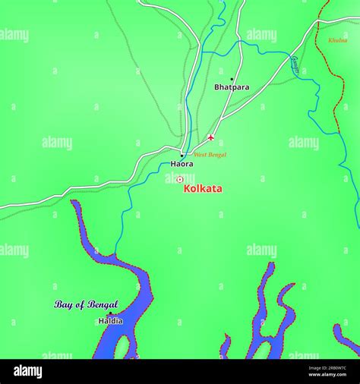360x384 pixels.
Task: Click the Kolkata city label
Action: (x=203, y=188)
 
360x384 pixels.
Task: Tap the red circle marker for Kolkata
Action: (x=180, y=180)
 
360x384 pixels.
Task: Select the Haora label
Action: (x=182, y=164)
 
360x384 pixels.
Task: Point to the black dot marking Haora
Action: (x=182, y=156)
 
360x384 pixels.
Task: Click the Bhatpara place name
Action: (x=232, y=87)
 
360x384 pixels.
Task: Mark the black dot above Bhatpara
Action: (x=232, y=79)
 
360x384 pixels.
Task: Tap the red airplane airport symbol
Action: (x=211, y=138)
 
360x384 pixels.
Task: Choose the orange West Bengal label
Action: (x=210, y=155)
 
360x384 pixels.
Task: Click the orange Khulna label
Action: (x=338, y=40)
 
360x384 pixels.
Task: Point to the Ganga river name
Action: (x=295, y=63)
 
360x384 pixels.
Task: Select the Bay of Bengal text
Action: (x=86, y=304)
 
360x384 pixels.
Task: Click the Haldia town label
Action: (x=110, y=321)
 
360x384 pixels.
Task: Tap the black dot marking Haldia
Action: (x=109, y=313)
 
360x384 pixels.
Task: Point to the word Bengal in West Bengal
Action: (x=216, y=155)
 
